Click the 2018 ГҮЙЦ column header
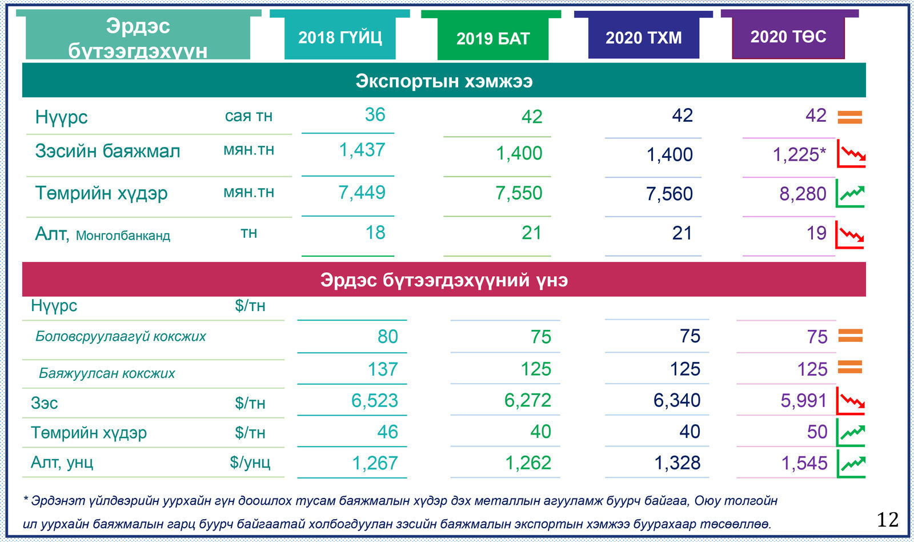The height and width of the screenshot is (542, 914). coord(340,38)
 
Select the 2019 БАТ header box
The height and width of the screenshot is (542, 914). coord(493,39)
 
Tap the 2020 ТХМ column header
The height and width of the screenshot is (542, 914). coord(644,38)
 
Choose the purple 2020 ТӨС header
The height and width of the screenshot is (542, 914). coord(788,37)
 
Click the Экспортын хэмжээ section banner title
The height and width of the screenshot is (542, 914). coord(444,81)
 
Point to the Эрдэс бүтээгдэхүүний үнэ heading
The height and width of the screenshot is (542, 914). coord(444,280)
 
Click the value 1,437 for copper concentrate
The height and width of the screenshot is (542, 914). coord(362,150)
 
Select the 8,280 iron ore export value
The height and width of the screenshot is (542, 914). coord(803,194)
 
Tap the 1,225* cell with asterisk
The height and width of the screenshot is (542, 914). coord(799,154)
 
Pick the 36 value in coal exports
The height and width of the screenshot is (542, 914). coord(375,115)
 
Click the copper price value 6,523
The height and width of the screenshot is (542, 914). coord(374,401)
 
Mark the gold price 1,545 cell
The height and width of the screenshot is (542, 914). coord(804,463)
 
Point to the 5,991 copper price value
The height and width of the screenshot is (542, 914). coord(804,401)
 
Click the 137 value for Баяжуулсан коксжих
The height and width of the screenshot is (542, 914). coord(382,369)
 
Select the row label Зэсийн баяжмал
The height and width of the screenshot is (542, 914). coord(107,151)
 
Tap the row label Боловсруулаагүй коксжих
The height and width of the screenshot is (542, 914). coord(121,336)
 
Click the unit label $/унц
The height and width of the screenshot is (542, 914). coord(250,462)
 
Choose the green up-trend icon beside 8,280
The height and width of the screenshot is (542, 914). coord(851,193)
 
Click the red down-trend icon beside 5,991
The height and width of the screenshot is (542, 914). coord(851,401)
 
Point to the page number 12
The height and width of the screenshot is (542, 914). coord(887,520)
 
